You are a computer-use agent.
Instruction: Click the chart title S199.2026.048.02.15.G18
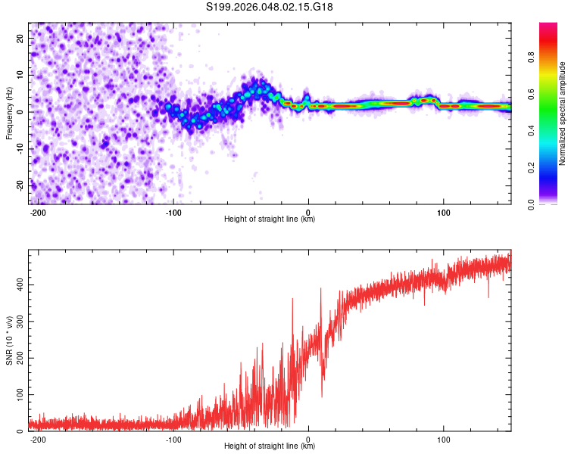pyautogui.click(x=270, y=7)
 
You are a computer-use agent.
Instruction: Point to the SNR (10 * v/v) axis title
pyautogui.click(x=10, y=340)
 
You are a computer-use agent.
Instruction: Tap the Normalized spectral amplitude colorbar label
pyautogui.click(x=563, y=113)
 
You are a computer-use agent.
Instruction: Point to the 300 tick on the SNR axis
pyautogui.click(x=18, y=322)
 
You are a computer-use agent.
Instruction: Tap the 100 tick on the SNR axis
pyautogui.click(x=18, y=395)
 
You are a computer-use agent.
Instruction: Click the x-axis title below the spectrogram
pyautogui.click(x=270, y=219)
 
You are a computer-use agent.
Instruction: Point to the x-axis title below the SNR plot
pyautogui.click(x=270, y=446)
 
